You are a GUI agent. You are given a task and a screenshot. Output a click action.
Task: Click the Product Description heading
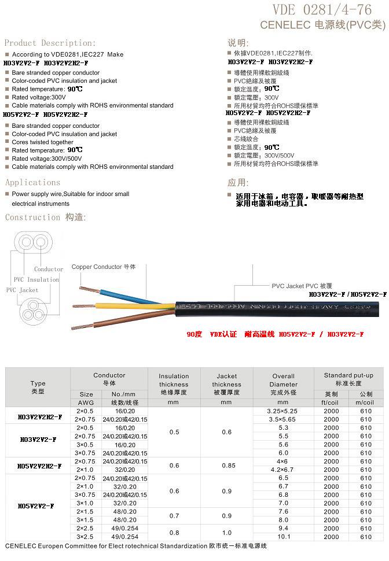(50, 43)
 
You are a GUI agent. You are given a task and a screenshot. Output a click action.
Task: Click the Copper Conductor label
(104, 267)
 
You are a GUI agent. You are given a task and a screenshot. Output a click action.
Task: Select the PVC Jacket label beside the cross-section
(22, 290)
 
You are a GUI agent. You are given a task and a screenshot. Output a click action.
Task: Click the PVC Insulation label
(36, 280)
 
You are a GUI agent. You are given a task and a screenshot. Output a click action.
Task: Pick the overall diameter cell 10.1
(283, 537)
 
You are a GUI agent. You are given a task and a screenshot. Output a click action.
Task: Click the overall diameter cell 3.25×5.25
(283, 411)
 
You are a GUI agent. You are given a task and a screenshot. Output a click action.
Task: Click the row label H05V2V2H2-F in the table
(38, 466)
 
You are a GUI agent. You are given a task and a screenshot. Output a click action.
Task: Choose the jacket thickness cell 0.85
(226, 466)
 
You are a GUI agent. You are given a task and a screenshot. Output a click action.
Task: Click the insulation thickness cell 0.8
(174, 533)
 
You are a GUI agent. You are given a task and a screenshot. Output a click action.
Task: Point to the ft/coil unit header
(331, 403)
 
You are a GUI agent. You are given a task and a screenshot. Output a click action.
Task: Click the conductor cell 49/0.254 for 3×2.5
(124, 537)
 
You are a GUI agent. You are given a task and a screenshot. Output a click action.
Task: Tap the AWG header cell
(86, 403)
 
